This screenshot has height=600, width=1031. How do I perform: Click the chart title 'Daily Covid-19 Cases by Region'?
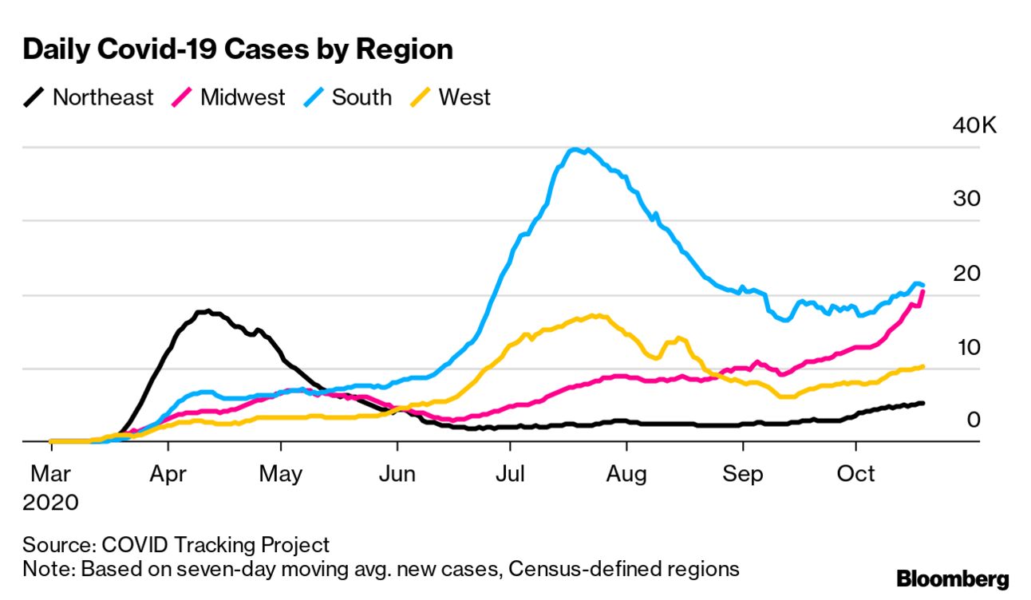(238, 49)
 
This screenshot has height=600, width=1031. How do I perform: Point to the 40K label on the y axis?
(974, 126)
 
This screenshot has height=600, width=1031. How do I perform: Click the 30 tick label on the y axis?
(966, 199)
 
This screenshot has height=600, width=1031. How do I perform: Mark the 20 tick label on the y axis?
(966, 273)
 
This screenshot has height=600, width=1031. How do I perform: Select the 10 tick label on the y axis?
(966, 347)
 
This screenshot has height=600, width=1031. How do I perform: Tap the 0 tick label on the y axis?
(973, 420)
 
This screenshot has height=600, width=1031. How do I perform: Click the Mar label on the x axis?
(50, 474)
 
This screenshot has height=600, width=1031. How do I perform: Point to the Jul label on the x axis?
(510, 474)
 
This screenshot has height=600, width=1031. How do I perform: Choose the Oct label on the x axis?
(855, 474)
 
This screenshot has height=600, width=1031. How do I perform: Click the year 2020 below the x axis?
(51, 503)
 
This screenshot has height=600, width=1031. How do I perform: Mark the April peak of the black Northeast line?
(207, 310)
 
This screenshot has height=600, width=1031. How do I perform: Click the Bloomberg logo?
(952, 579)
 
